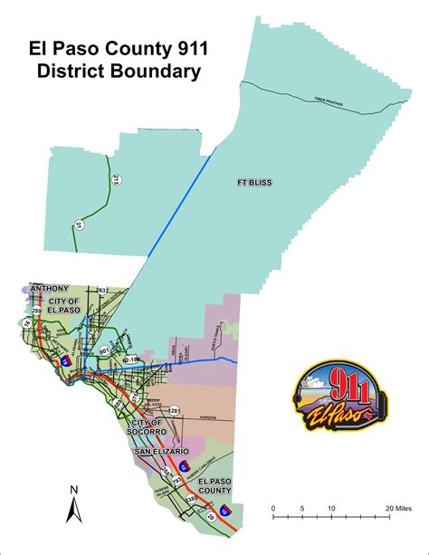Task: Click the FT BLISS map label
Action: coord(256,182)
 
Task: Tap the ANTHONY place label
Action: coord(50,289)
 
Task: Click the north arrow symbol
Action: coord(75,511)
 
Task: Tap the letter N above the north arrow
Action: coord(75,489)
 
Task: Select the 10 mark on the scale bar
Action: coord(331,508)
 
